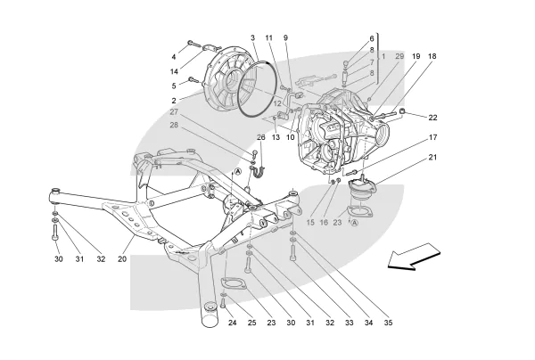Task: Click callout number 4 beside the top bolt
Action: coord(175,57)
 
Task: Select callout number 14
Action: coord(175,71)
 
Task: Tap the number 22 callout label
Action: coord(432,118)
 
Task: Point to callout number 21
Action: coord(432,158)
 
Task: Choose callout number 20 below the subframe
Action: coord(122,259)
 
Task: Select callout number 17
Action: coord(432,137)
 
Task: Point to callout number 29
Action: coord(399,56)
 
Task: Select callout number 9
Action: coord(286,37)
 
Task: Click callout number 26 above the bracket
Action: coord(261,137)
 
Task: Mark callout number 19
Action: coord(416,56)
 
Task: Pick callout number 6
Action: coord(372,39)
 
